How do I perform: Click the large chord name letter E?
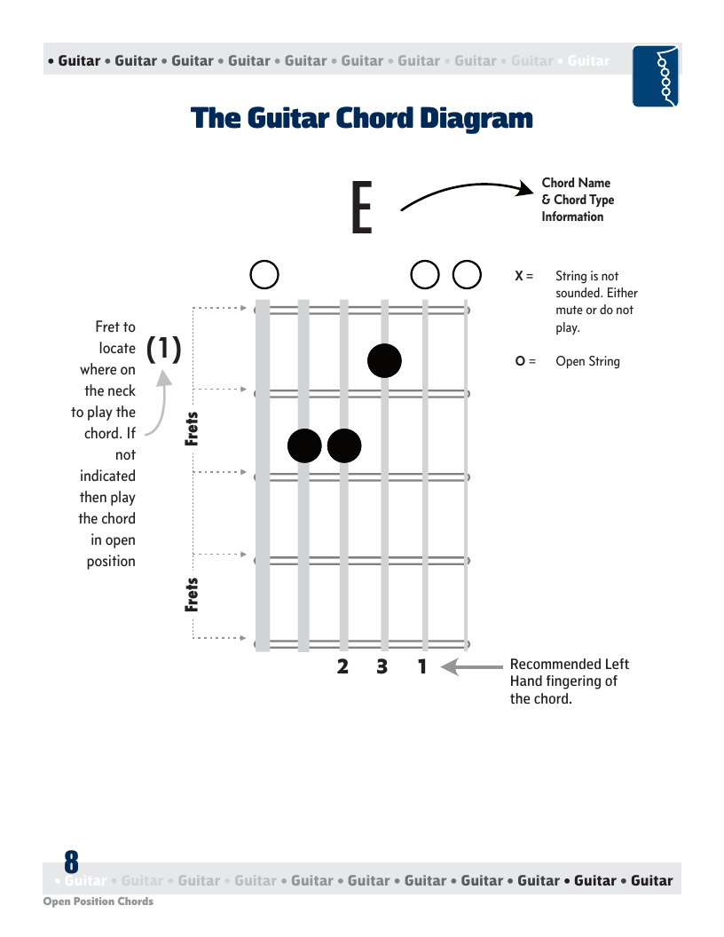coord(362,207)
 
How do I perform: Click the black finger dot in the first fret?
coord(384,360)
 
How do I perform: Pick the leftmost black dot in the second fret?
coord(304,445)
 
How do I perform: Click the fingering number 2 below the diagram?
coord(342,666)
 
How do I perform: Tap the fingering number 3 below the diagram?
coord(382,666)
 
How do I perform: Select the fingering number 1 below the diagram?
coord(422,666)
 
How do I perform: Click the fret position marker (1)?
coord(163,349)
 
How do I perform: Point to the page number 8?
coord(71,862)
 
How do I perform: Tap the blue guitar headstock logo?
coord(656,76)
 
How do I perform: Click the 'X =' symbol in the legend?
coord(523,276)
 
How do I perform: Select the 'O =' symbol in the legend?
coord(525,361)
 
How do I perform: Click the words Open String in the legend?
coord(587,361)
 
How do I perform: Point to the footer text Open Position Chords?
coord(98,902)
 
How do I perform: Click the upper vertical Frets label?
coord(191,429)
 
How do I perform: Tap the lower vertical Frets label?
coord(191,594)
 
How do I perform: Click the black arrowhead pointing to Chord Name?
coord(525,188)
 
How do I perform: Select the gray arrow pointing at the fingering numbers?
coord(472,666)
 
